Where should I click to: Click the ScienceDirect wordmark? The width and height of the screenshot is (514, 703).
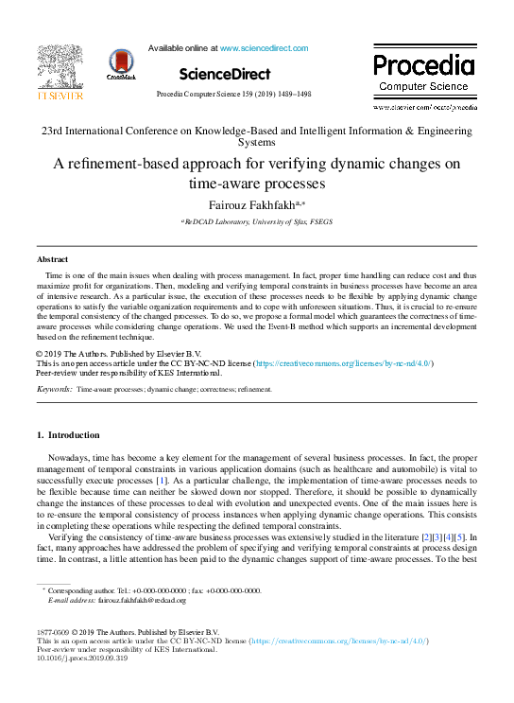coord(224,74)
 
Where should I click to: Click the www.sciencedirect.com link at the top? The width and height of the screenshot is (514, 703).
coord(264,47)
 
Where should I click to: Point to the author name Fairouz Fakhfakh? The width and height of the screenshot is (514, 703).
coord(243,202)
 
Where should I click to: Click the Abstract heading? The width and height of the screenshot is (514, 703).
coord(52,258)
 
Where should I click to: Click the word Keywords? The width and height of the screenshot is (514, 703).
coord(55,389)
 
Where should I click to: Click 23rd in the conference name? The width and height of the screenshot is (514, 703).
coord(50,130)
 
